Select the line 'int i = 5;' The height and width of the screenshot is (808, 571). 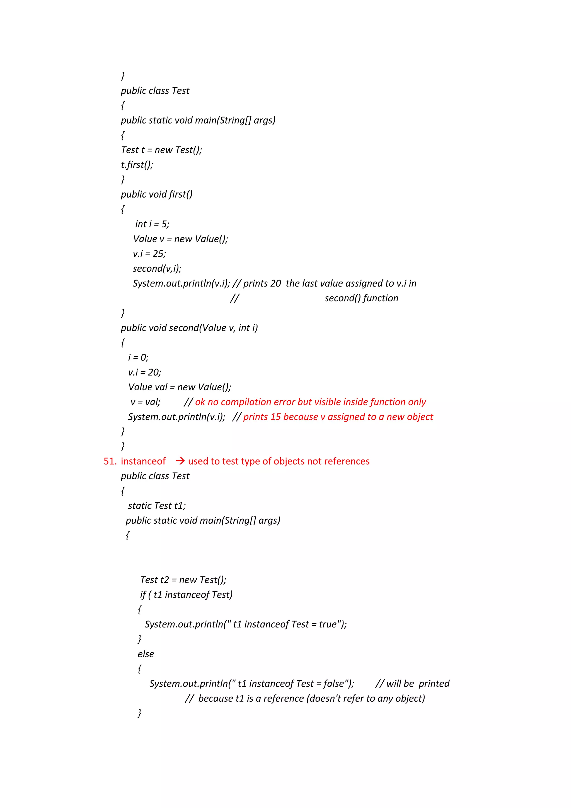tap(152, 224)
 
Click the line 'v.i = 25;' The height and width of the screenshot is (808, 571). tap(149, 254)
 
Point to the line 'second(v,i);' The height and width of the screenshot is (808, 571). tap(157, 268)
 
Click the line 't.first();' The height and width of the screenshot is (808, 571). tap(137, 165)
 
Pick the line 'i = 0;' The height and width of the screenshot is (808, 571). tap(138, 358)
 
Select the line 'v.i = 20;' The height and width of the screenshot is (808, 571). tap(144, 372)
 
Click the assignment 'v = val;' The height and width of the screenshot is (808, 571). tap(145, 402)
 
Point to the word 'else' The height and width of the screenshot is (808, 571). tap(146, 654)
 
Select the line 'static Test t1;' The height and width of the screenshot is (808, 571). tap(157, 506)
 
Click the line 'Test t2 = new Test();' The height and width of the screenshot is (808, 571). tap(183, 580)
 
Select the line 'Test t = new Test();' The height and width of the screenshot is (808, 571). tap(161, 150)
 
